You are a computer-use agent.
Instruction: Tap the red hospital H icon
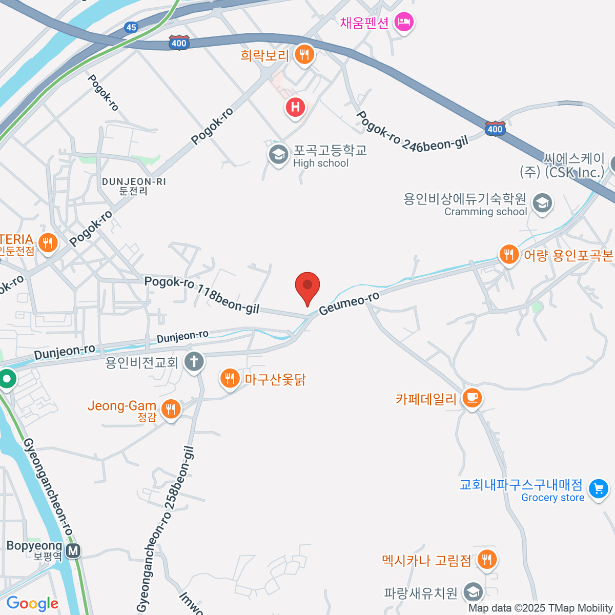point(295,107)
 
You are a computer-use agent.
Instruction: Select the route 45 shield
point(131,27)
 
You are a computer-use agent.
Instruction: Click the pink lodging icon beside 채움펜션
point(404,22)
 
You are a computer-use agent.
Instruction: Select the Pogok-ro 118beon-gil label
point(202,294)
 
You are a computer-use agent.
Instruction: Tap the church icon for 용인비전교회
point(194,362)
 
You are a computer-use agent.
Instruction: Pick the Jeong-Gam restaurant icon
point(171,409)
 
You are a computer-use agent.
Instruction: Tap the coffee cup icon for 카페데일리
point(471,398)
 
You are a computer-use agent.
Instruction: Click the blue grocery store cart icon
point(598,489)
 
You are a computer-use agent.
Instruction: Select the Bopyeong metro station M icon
point(73,551)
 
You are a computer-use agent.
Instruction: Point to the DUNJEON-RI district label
point(134,186)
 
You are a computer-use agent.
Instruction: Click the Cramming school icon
point(542,203)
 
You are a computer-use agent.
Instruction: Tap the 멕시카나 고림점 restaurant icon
point(486,560)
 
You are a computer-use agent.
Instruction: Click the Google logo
point(32,604)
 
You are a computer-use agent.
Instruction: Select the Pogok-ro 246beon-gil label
point(412,132)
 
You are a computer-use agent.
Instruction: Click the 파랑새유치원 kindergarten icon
point(473,592)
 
